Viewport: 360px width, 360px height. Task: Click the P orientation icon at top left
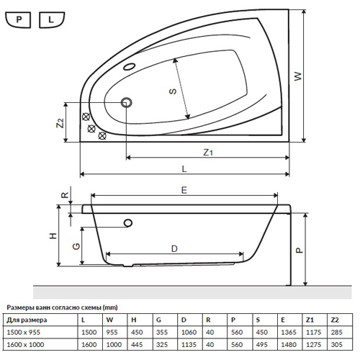click(x=18, y=19)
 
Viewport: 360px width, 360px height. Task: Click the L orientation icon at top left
click(x=52, y=19)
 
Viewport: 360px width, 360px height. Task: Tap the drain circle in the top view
click(x=127, y=103)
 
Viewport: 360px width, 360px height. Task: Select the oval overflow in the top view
click(x=130, y=66)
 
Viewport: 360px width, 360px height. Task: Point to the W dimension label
click(x=298, y=76)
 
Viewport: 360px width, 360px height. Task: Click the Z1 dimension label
click(x=208, y=152)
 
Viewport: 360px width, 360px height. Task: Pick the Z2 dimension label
click(x=60, y=123)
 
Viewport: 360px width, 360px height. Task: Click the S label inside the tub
click(x=173, y=91)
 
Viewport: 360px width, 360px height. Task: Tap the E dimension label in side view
click(x=184, y=190)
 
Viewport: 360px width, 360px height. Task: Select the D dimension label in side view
click(x=174, y=248)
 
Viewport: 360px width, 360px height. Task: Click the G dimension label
click(x=76, y=246)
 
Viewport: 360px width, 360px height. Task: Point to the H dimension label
click(x=53, y=236)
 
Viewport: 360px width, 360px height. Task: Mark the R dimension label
click(x=65, y=195)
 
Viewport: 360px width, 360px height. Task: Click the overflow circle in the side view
click(x=128, y=223)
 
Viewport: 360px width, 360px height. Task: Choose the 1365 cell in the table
click(x=289, y=333)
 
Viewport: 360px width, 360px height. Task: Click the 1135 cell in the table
click(x=189, y=345)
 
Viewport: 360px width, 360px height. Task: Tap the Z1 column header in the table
click(x=310, y=320)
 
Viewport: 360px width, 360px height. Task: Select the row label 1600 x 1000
click(x=25, y=345)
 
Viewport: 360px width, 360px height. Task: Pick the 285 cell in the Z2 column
click(x=336, y=333)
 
